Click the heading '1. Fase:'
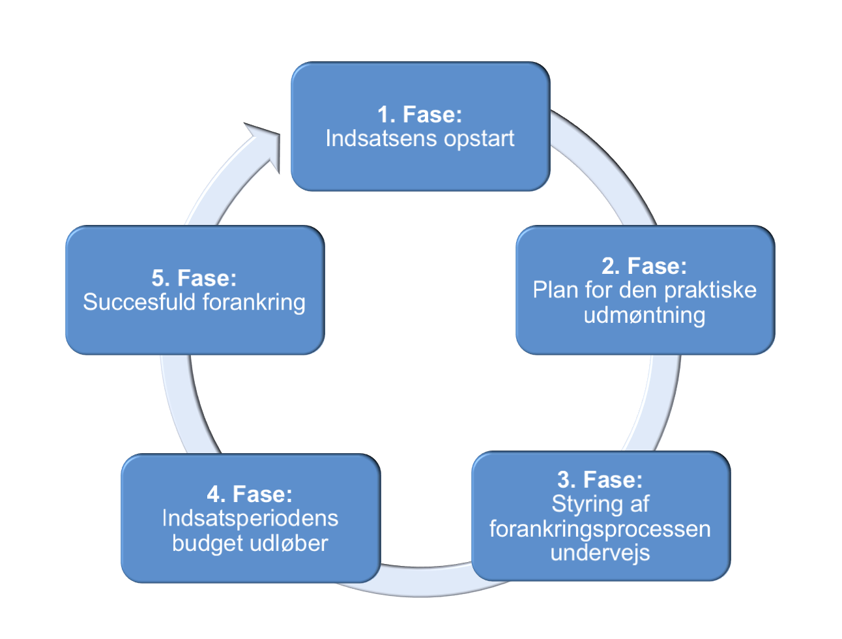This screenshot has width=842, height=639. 419,114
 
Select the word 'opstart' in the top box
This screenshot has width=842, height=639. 479,139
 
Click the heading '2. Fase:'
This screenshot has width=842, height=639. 644,265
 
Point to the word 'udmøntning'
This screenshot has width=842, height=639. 645,315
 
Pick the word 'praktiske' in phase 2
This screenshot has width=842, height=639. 710,290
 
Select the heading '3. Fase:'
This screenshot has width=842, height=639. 600,479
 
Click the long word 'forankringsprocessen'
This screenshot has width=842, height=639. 600,529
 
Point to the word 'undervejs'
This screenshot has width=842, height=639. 600,554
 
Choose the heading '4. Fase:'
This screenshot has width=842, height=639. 250,494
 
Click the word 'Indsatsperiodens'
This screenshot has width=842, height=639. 250,519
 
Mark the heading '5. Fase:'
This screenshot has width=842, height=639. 194,278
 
